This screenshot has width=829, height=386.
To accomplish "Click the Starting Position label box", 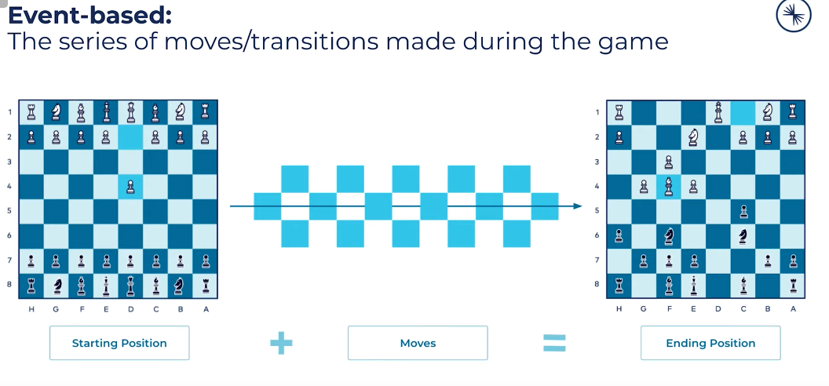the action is click(119, 343).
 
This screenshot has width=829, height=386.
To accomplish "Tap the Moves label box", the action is click(418, 343).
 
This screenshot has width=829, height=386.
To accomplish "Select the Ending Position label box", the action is click(710, 343).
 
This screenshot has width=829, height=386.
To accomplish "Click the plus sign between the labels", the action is click(281, 343).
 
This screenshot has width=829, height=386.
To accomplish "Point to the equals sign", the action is click(554, 343).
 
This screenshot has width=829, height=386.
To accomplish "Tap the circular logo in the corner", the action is click(794, 15).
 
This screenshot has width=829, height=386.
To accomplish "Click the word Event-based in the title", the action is click(89, 16).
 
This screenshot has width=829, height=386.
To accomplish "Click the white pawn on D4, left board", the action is click(130, 187).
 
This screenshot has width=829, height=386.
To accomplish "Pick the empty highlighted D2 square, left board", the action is click(130, 137).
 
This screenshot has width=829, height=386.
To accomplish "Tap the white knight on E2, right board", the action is click(693, 137).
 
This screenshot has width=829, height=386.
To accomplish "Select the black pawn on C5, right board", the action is click(743, 212).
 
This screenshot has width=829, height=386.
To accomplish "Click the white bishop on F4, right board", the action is click(669, 187).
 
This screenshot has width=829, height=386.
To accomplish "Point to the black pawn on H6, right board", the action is click(619, 236).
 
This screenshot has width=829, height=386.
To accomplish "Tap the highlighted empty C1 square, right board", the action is click(743, 112).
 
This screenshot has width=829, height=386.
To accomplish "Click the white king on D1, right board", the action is click(718, 112).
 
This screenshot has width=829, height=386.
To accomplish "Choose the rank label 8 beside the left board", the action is click(9, 285).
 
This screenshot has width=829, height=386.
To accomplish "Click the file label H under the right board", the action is click(619, 309).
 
